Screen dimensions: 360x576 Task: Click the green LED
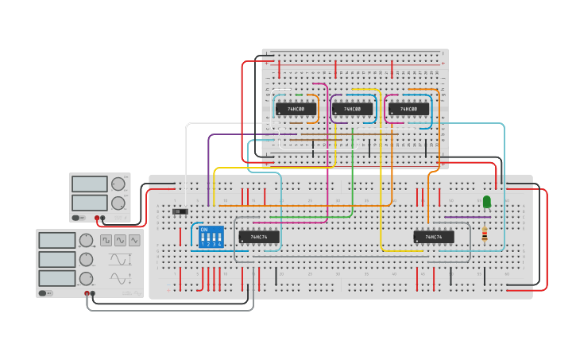pyautogui.click(x=487, y=203)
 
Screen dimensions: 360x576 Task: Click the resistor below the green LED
pyautogui.click(x=485, y=234)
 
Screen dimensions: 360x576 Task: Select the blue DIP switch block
pyautogui.click(x=211, y=237)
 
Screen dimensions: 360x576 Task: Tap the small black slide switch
pyautogui.click(x=180, y=211)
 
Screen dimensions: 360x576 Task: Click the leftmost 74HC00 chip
pyautogui.click(x=296, y=109)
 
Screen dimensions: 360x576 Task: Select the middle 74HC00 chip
pyautogui.click(x=353, y=109)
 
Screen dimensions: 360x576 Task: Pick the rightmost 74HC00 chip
pyautogui.click(x=409, y=109)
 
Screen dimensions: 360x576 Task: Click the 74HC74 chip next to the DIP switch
pyautogui.click(x=259, y=237)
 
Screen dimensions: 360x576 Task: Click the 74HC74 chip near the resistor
pyautogui.click(x=434, y=237)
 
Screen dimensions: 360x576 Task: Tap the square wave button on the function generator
pyautogui.click(x=106, y=240)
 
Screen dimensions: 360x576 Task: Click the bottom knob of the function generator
pyautogui.click(x=86, y=278)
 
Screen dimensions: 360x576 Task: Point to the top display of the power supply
pyautogui.click(x=89, y=184)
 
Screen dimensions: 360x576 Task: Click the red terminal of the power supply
pyautogui.click(x=97, y=218)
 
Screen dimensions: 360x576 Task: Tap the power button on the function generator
pyautogui.click(x=47, y=292)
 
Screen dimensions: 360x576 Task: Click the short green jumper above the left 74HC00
pyautogui.click(x=298, y=95)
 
